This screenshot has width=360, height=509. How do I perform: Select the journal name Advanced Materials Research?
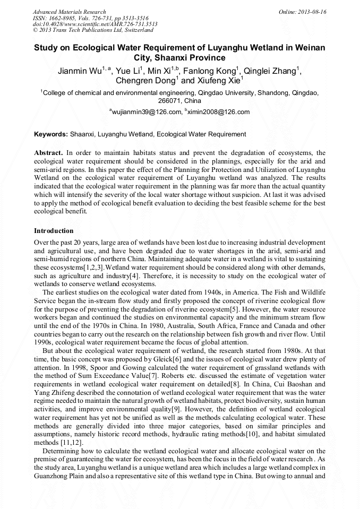pos(69,12)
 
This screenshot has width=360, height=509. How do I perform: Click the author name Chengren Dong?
pos(145,81)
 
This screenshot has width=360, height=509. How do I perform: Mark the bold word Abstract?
pos(48,153)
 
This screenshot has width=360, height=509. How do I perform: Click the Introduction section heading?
pos(54,231)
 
